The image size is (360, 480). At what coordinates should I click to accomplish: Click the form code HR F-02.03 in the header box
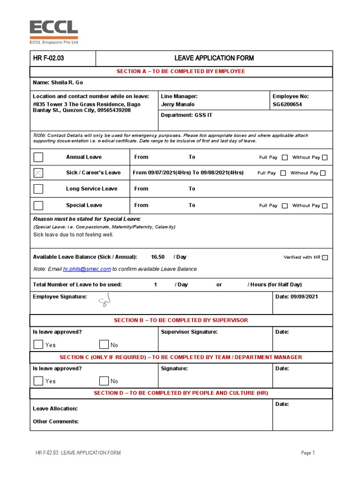48,58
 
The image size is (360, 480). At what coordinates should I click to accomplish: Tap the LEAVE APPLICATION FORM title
214,58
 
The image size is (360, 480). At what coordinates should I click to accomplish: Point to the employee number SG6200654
287,105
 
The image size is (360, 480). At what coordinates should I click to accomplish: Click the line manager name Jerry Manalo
178,105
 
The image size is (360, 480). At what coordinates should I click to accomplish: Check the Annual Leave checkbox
38,157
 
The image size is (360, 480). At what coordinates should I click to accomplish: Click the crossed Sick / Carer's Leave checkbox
38,173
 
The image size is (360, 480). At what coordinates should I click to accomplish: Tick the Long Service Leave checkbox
38,189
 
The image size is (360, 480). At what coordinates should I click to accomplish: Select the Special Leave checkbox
38,205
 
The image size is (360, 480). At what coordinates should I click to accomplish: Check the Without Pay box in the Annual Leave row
325,157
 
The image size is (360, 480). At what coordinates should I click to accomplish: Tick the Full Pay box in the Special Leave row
285,206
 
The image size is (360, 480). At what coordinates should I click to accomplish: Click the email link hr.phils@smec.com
87,269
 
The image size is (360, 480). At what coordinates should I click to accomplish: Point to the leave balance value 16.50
157,257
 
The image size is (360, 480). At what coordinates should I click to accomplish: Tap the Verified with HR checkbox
325,257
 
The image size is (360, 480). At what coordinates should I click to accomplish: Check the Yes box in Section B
38,345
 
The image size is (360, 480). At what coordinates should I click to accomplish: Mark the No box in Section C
104,381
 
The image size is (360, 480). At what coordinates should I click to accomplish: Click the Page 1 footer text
307,453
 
